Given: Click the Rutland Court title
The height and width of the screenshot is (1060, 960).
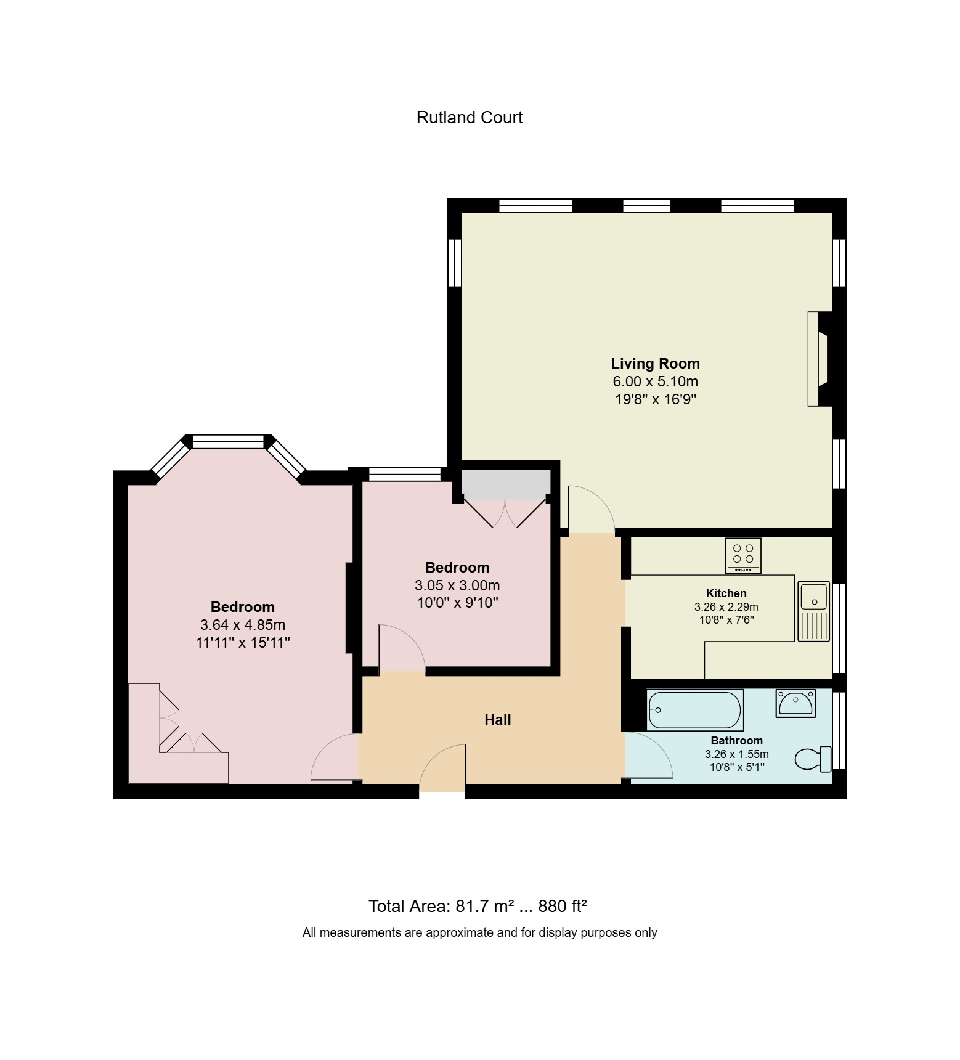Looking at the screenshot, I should [x=469, y=118].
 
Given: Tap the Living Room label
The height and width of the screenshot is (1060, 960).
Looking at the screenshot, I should [x=655, y=364].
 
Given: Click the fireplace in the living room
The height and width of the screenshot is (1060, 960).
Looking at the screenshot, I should [x=819, y=359].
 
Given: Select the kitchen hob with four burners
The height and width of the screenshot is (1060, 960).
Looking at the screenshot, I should [x=743, y=555].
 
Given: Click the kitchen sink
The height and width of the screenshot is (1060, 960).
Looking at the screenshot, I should [x=813, y=610].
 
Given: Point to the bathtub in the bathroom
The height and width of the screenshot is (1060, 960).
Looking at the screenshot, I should [x=695, y=710].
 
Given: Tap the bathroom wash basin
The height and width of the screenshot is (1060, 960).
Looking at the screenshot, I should [x=795, y=703].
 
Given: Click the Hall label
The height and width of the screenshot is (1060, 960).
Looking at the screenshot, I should [x=497, y=720].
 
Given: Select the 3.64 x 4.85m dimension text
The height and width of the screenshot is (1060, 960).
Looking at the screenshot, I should [x=242, y=625].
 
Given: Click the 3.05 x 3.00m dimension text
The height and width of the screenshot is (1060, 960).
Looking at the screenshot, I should [x=457, y=585].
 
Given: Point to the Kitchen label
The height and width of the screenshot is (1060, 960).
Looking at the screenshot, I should [x=726, y=593].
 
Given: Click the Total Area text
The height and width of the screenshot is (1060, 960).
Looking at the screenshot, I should [x=477, y=907].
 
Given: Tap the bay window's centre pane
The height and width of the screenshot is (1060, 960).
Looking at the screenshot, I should [x=229, y=441].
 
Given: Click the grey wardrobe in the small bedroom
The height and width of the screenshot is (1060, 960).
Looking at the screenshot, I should [x=506, y=484].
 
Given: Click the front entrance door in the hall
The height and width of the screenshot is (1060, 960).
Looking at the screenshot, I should [x=441, y=767].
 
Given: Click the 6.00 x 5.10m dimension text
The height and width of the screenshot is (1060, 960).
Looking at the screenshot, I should [x=655, y=381].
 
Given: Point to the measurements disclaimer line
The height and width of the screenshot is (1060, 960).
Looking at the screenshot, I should [x=479, y=933].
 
